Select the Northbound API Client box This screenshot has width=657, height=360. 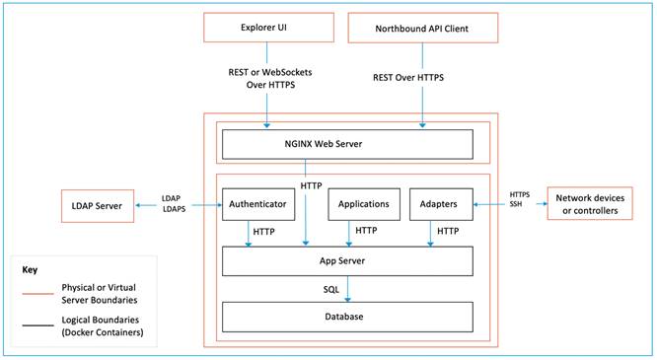422,28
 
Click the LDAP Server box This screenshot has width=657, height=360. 103,205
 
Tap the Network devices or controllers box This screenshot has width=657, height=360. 591,205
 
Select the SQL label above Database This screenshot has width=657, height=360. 331,290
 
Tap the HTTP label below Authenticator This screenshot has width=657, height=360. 263,232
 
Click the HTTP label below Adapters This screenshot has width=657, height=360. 448,232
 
